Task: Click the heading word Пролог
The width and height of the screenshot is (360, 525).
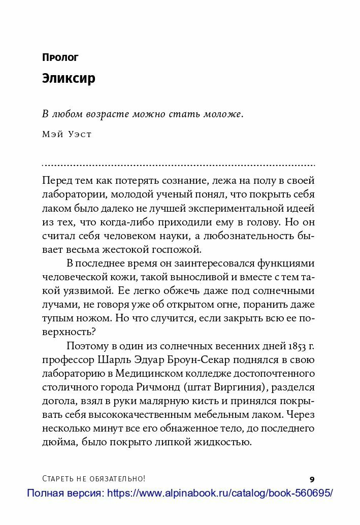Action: [60, 57]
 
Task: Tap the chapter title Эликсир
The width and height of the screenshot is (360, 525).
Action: [69, 79]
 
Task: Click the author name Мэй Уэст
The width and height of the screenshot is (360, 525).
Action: [67, 135]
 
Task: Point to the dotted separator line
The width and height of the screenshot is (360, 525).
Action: [178, 166]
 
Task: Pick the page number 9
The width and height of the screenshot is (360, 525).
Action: [312, 479]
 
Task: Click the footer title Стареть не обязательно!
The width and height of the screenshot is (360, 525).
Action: [94, 479]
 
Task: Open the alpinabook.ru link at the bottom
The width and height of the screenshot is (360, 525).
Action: [220, 493]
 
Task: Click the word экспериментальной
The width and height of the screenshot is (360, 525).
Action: [223, 208]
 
